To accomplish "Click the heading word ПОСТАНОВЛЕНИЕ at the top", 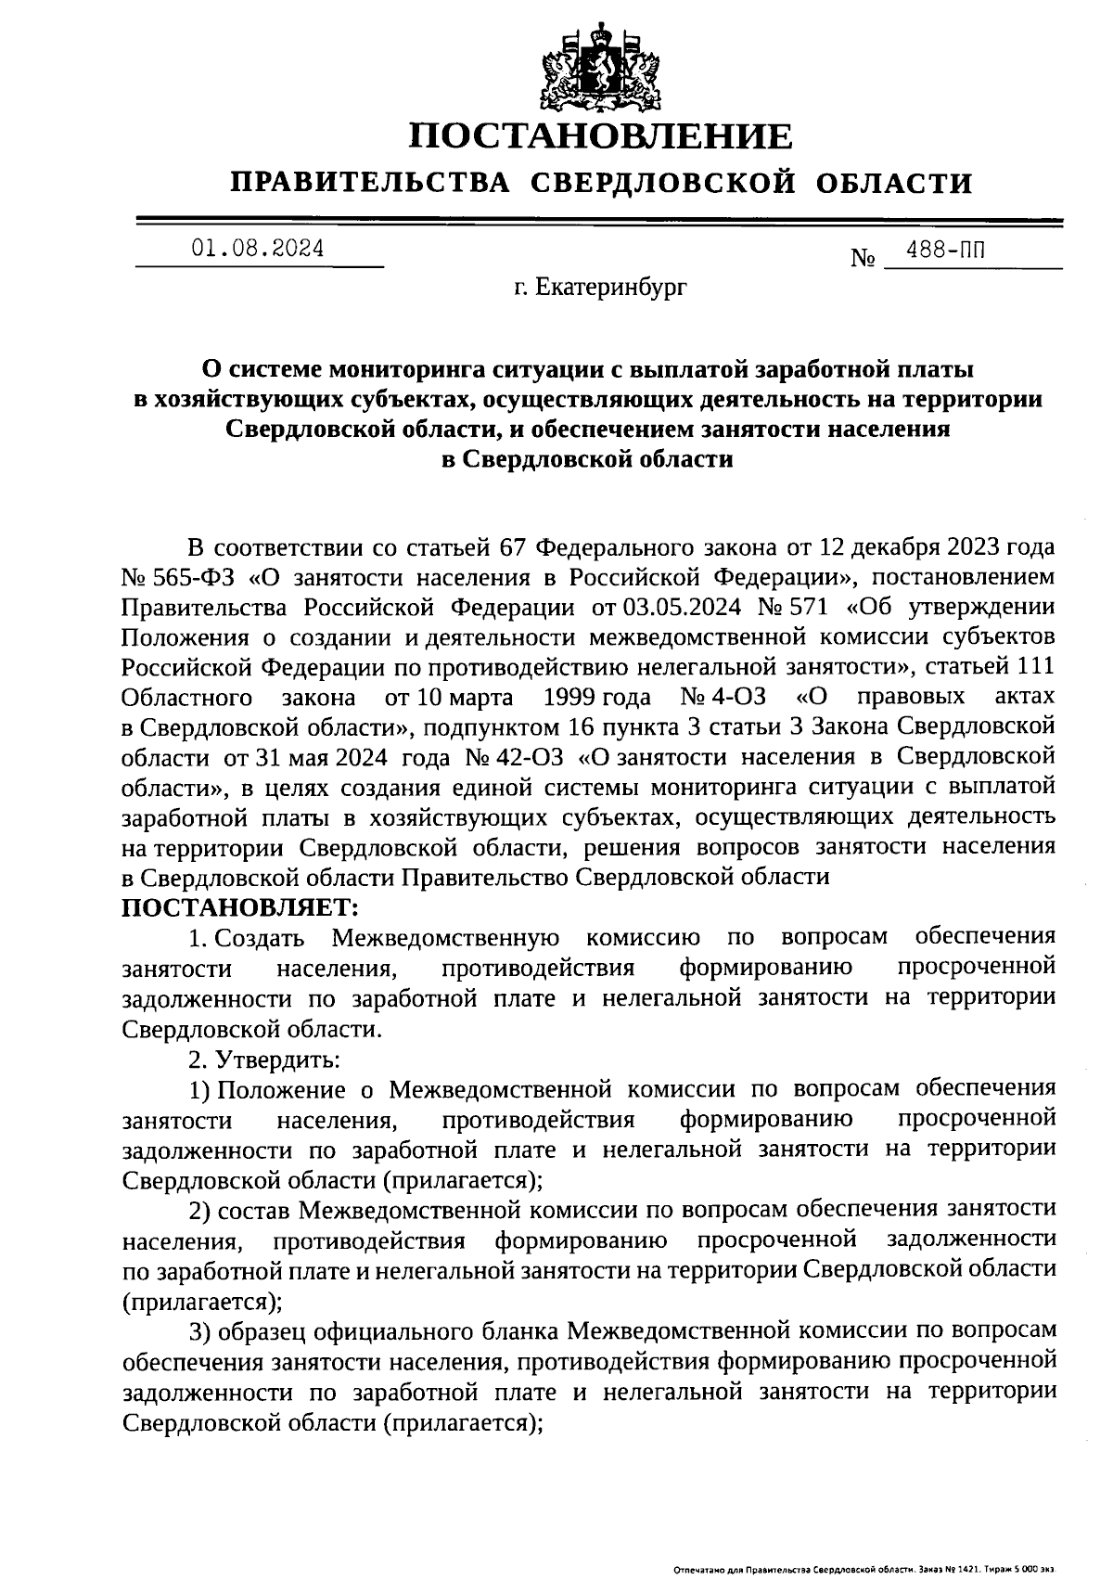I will (x=602, y=136).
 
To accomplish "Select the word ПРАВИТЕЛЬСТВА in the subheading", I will (x=370, y=183).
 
